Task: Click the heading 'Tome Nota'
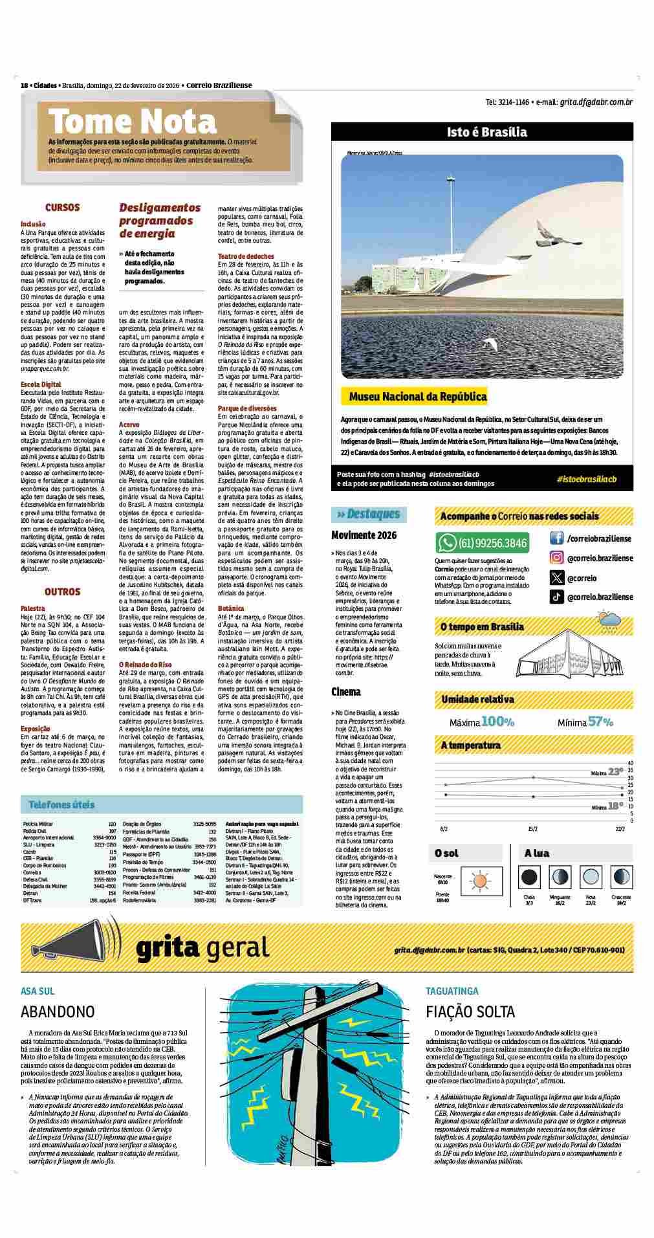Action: click(133, 122)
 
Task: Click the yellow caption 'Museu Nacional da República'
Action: click(417, 397)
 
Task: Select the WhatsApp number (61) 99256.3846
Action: click(492, 542)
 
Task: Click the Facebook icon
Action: click(556, 538)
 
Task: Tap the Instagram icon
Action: click(556, 558)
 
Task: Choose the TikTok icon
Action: click(556, 597)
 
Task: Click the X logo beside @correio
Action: click(556, 578)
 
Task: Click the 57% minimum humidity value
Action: click(600, 722)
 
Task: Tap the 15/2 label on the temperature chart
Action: click(533, 828)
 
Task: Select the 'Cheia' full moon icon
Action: click(529, 878)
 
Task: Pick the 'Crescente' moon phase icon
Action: click(621, 878)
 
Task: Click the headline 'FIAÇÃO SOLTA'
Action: click(470, 1011)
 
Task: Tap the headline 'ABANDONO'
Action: click(58, 1011)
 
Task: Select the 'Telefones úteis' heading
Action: click(61, 805)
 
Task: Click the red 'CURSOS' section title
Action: click(62, 208)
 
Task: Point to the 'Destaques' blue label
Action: click(369, 514)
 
